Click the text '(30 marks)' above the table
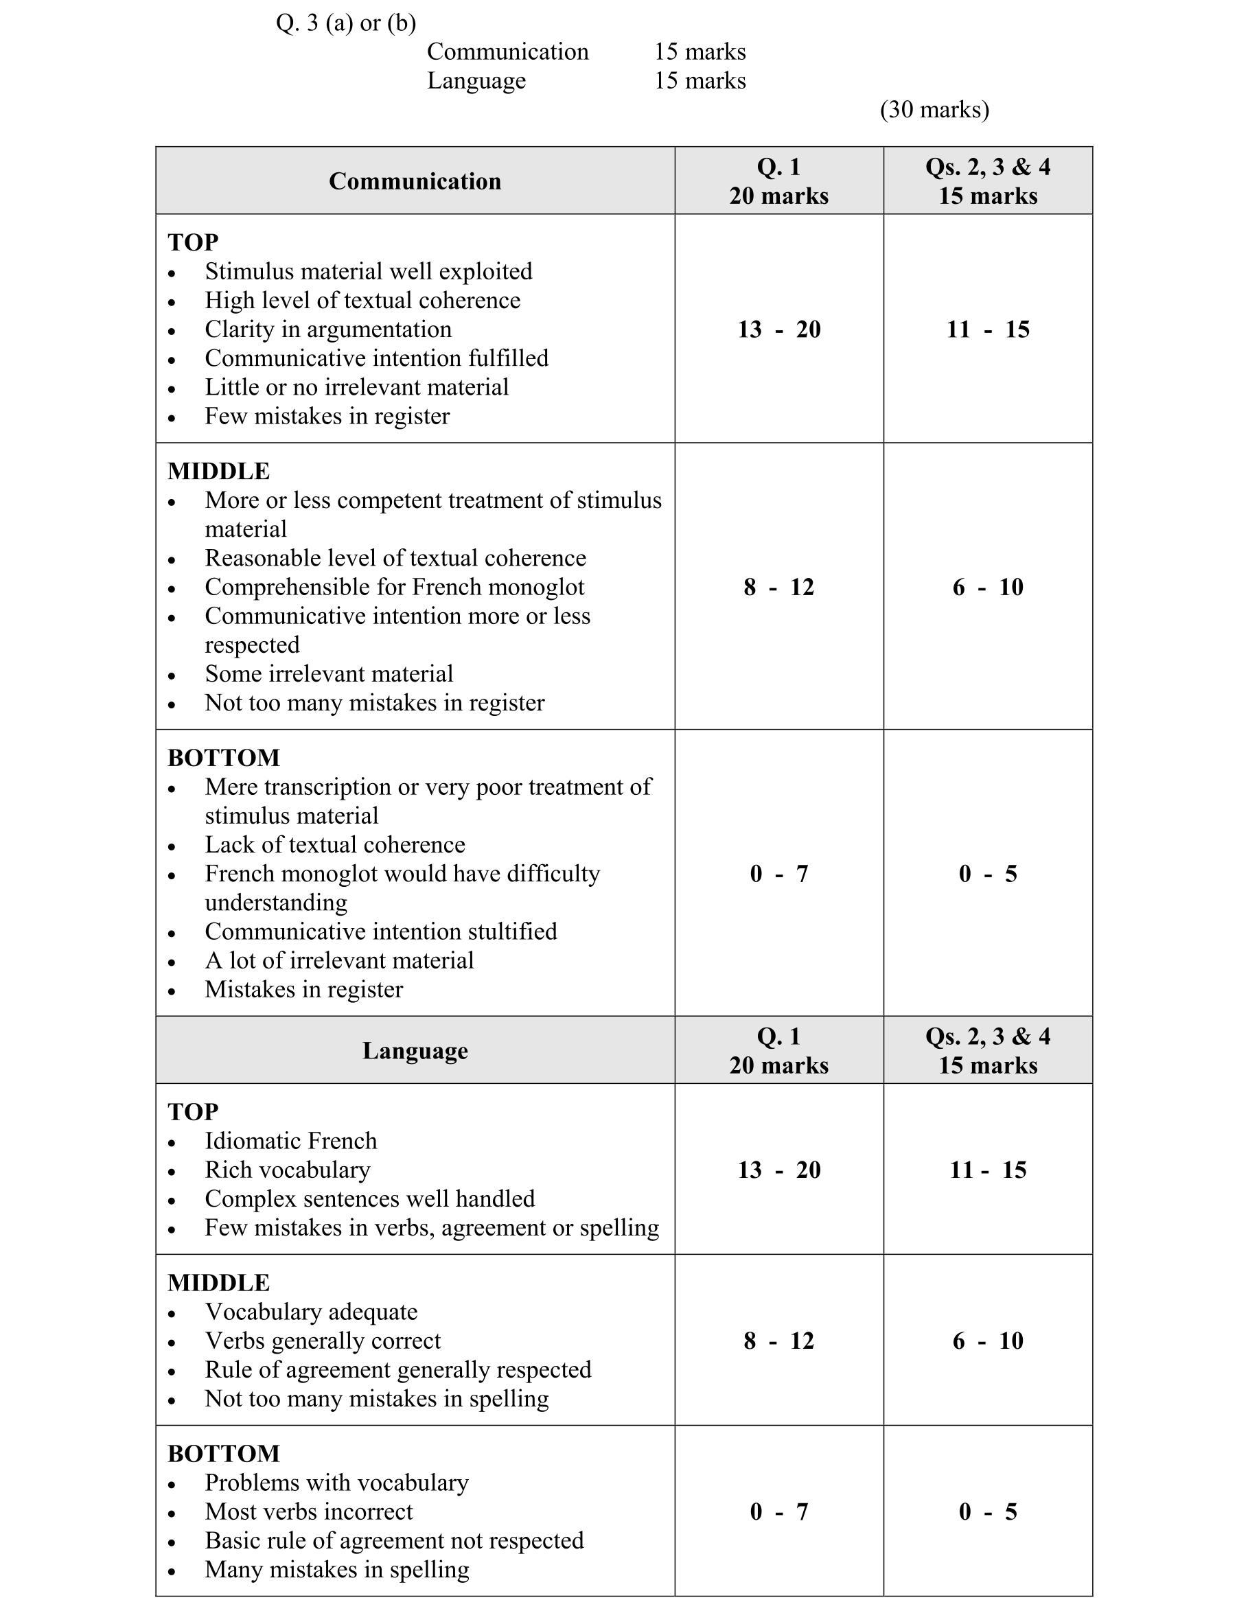934,109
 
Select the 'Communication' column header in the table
415,181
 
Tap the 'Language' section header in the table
415,1050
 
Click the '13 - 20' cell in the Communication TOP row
779,329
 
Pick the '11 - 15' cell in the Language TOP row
988,1169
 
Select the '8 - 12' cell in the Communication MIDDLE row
779,587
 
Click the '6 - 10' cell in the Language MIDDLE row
988,1341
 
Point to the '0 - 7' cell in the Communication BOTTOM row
779,873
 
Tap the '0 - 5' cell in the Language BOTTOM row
988,1511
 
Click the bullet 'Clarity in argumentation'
328,329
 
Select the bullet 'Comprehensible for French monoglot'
395,587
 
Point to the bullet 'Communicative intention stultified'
380,931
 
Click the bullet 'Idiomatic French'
290,1141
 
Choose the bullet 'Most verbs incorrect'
309,1511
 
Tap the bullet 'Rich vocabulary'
288,1170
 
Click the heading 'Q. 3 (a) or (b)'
346,23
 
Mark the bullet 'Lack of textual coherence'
335,844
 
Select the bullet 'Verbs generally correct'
323,1341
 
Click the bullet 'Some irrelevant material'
329,673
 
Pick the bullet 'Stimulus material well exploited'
368,271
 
